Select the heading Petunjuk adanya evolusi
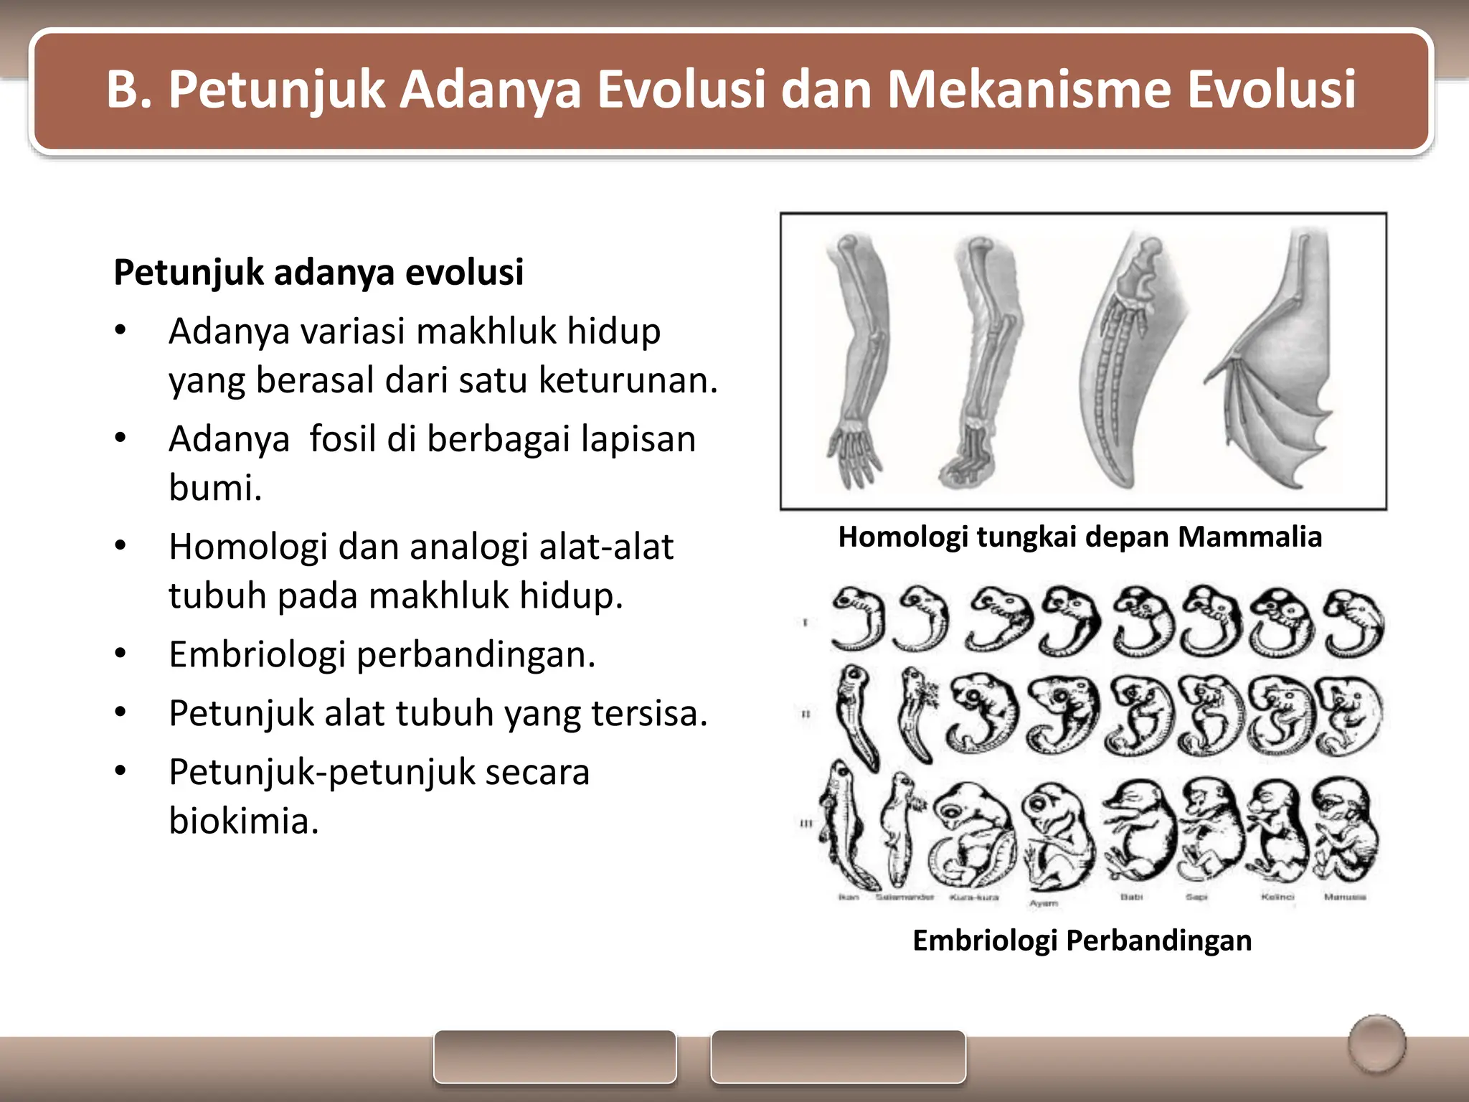coord(318,273)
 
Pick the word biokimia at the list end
coord(243,821)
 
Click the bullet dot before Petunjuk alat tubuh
coord(121,712)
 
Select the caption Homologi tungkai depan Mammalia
coord(1080,537)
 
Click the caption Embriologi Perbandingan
coord(1082,941)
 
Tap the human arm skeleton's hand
coord(854,456)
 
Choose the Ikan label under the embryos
coord(849,898)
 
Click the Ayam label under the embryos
coord(1044,903)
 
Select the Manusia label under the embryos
coord(1345,897)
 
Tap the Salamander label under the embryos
coord(904,898)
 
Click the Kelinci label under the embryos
coord(1277,897)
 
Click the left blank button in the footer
coord(554,1057)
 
